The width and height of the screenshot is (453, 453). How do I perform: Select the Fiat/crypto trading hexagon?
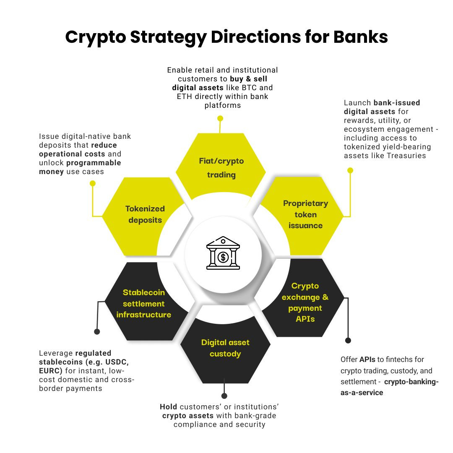coord(221,167)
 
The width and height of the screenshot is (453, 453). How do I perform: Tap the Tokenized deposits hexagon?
coord(145,214)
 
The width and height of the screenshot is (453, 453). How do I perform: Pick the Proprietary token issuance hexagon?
coord(305,214)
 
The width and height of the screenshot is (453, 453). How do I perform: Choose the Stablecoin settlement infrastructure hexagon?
coord(144,303)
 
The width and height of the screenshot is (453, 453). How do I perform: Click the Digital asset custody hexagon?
coord(225,348)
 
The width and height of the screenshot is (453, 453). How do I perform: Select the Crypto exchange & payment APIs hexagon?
coord(305,302)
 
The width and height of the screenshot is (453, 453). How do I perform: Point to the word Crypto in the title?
coord(95,37)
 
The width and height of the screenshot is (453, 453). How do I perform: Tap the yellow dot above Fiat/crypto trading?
coord(219,119)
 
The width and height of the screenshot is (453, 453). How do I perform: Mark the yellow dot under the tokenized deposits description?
coord(93,183)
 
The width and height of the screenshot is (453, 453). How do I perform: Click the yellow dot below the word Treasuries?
coord(350,170)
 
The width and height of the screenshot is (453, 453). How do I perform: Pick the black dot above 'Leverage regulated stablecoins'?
coord(97,331)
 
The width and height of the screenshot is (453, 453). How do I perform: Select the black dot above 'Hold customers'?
coord(224,396)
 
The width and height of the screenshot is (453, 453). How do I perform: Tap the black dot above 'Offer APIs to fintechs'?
coord(348,340)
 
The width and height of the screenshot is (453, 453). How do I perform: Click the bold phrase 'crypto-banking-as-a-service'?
coord(390,387)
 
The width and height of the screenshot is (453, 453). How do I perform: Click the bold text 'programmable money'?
coord(80,167)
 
